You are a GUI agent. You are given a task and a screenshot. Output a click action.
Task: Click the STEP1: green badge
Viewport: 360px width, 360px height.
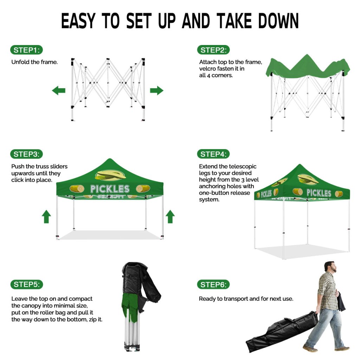[26, 50]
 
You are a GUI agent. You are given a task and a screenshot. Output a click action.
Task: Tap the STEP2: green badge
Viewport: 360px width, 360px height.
[213, 50]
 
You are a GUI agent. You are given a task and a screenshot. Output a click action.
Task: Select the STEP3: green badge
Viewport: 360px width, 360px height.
[26, 154]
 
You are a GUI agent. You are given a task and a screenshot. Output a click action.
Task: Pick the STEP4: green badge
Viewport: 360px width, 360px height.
[213, 154]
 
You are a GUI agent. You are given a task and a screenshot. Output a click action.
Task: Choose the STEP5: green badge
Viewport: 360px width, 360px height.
[27, 284]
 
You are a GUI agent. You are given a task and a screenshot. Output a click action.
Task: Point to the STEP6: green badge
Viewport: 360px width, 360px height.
[213, 285]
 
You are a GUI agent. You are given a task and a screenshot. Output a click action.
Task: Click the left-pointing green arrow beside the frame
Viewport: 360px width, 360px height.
[59, 90]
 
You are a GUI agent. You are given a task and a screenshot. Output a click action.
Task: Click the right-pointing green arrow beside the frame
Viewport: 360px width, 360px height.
[156, 90]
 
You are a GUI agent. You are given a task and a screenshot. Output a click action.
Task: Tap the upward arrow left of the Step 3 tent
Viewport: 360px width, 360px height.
[46, 217]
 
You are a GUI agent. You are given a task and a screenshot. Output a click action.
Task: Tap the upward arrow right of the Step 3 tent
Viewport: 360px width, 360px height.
[170, 217]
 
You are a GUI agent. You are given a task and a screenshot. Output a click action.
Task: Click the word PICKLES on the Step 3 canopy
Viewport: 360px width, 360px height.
[110, 189]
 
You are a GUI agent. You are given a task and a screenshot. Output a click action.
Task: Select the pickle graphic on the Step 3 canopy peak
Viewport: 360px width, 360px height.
[110, 176]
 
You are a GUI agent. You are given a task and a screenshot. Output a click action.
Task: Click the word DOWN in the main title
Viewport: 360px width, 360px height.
[278, 21]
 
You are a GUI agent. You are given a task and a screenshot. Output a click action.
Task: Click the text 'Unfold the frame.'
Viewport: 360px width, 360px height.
[34, 62]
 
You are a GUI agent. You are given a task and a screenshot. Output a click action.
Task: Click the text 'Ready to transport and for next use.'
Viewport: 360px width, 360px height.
[246, 299]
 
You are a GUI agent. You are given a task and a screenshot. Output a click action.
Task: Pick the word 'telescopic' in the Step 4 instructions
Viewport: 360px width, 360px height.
[243, 166]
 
